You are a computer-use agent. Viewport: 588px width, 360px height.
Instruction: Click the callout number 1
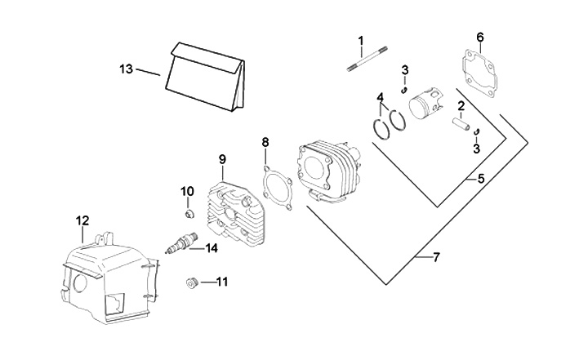pos(360,40)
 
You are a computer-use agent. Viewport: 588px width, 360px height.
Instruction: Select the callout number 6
pos(479,38)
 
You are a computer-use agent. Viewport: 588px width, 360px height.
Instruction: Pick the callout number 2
pos(461,105)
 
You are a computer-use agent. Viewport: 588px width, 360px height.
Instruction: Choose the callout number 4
pos(380,98)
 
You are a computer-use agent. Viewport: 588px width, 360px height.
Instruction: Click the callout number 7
pos(436,258)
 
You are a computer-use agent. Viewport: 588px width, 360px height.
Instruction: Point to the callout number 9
pos(220,158)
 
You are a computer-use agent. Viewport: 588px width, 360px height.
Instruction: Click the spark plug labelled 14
pos(180,244)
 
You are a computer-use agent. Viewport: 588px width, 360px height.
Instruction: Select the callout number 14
pos(212,248)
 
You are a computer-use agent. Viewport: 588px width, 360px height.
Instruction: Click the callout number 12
pos(82,220)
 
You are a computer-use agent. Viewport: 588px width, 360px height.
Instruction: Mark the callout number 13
pos(125,69)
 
